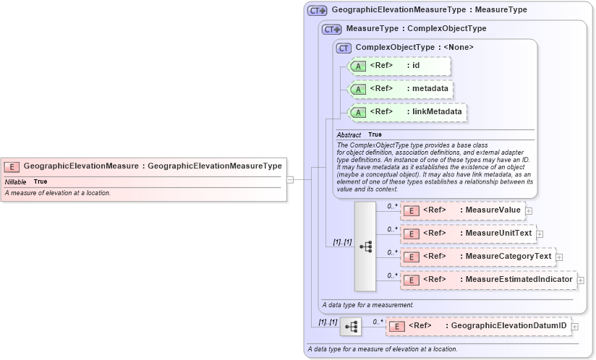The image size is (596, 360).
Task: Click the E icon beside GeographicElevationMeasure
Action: click(x=12, y=166)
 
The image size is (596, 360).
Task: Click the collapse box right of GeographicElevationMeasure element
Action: click(x=290, y=179)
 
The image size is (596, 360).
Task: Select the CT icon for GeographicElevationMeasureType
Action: click(x=318, y=11)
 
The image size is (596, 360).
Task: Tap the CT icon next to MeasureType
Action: click(x=332, y=30)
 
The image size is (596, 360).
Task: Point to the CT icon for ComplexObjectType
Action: click(x=344, y=48)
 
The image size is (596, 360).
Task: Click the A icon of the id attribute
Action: click(x=358, y=67)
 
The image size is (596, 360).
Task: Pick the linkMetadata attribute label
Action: click(x=438, y=112)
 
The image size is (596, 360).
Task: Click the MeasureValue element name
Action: click(x=493, y=210)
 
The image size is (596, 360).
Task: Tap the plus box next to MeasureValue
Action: click(x=529, y=211)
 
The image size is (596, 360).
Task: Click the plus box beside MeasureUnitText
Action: click(x=540, y=234)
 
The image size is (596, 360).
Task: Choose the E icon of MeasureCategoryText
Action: click(x=411, y=257)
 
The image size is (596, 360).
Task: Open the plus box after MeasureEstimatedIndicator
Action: click(x=580, y=280)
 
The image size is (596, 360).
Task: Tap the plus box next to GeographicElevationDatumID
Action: click(x=575, y=327)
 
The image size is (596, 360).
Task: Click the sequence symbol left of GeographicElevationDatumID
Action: click(x=351, y=327)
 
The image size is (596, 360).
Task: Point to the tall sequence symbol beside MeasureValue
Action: click(x=365, y=246)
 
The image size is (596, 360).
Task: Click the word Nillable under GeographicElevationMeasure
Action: click(x=15, y=181)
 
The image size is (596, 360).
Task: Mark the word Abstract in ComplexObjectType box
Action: click(x=349, y=135)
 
